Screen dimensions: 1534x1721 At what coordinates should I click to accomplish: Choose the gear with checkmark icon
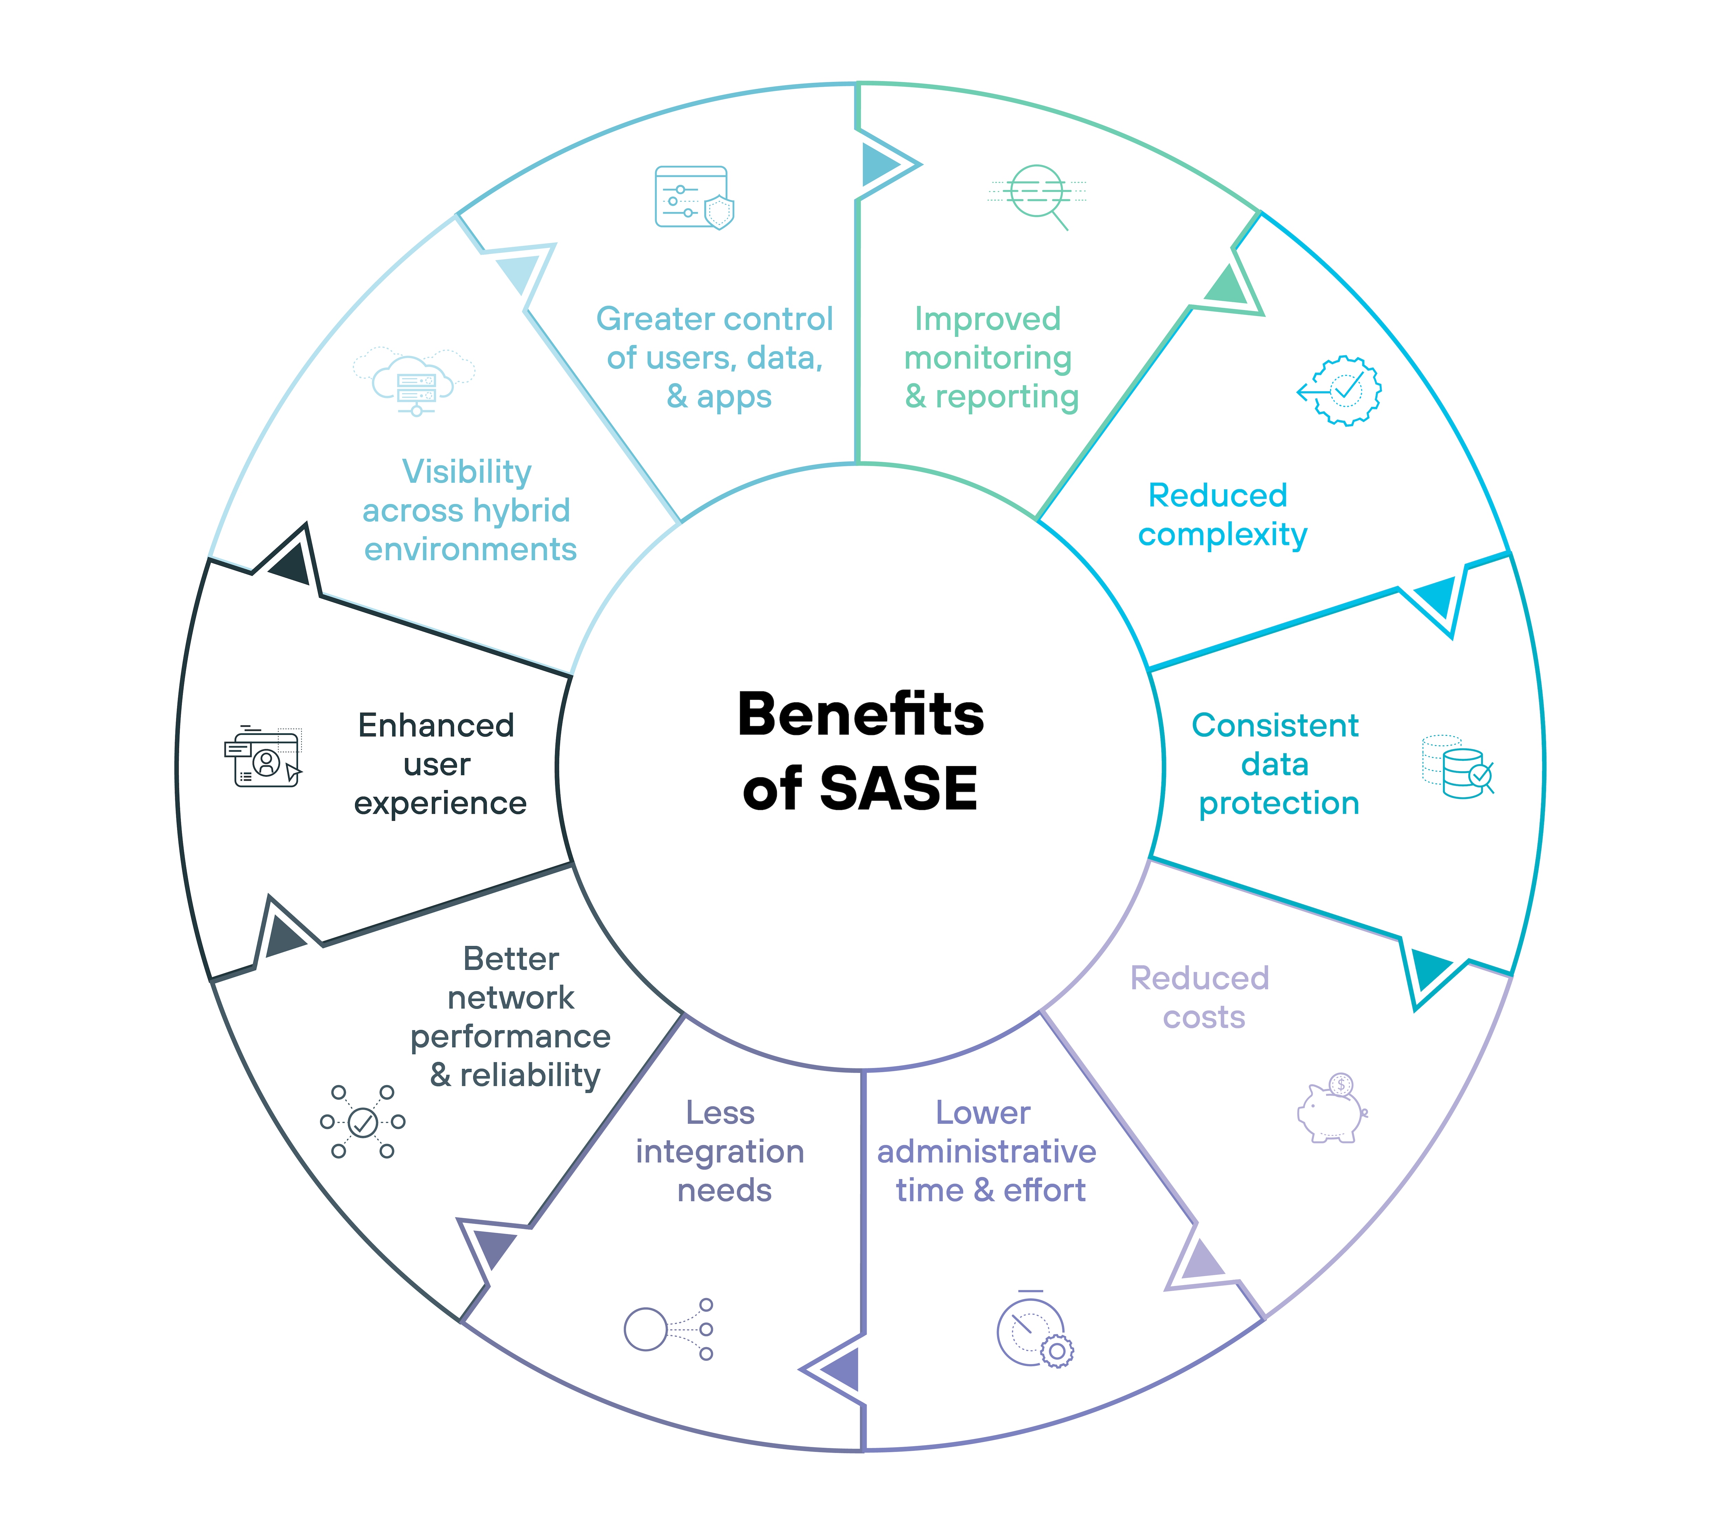coord(1342,390)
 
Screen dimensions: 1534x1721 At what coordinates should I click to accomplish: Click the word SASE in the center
coord(898,789)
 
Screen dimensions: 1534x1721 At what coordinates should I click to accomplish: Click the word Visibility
coord(467,472)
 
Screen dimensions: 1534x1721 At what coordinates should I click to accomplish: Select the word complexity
coord(1222,534)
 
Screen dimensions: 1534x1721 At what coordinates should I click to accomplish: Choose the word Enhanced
coord(436,726)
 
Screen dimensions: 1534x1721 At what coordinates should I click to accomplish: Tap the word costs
coord(1204,1017)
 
